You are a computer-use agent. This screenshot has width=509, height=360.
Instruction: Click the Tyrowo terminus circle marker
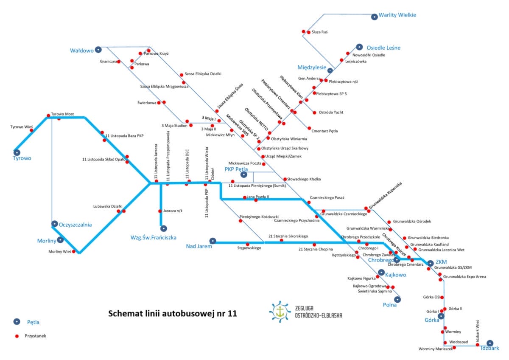(x=17, y=152)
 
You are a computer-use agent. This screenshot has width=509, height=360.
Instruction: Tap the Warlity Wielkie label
(x=397, y=15)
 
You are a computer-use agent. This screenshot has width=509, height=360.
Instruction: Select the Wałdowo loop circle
(x=98, y=50)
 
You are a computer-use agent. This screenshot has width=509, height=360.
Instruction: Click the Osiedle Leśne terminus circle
(x=359, y=47)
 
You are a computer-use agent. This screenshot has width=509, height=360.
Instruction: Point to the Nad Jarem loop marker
(x=213, y=241)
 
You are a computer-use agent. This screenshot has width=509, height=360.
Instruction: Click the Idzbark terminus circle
(x=490, y=343)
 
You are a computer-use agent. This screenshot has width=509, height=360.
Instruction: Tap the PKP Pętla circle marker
(x=243, y=174)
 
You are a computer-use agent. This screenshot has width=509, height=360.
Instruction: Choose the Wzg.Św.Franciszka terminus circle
(x=164, y=228)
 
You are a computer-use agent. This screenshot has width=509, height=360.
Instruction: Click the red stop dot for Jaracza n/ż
(x=160, y=211)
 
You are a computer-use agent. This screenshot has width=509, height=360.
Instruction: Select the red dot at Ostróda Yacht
(x=314, y=112)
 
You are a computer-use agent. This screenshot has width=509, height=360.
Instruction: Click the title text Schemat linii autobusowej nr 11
(x=173, y=314)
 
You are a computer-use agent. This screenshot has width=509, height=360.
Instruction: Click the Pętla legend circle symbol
(x=17, y=321)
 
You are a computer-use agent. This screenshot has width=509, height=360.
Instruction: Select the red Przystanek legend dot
(x=17, y=336)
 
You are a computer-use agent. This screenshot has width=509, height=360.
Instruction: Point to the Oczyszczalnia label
(x=76, y=225)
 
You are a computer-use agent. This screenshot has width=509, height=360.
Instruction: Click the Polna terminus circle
(x=397, y=299)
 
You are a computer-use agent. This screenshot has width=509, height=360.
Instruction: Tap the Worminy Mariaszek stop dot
(x=454, y=348)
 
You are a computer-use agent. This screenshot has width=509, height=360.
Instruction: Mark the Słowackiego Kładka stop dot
(x=285, y=179)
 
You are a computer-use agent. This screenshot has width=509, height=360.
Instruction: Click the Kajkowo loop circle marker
(x=381, y=272)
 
